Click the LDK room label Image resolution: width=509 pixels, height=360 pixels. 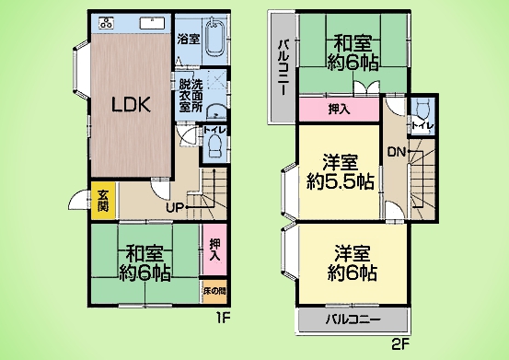click(131, 105)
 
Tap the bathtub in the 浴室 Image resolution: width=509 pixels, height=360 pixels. click(216, 38)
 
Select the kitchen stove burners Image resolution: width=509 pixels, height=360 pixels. click(106, 23)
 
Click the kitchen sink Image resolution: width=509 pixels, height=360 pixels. click(152, 23)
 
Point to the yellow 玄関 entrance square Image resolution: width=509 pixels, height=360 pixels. click(103, 201)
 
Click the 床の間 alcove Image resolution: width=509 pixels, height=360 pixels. click(214, 291)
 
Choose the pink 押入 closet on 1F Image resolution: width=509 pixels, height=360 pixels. click(214, 250)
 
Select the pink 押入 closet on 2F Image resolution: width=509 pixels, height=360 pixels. click(339, 110)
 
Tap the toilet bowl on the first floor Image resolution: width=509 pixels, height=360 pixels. click(214, 145)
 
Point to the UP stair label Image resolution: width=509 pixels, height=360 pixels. click(175, 207)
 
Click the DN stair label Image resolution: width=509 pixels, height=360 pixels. click(397, 152)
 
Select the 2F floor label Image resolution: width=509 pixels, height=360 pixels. click(399, 344)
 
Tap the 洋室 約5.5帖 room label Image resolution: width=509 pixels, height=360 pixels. click(341, 172)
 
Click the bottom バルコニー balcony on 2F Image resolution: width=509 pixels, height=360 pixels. click(353, 320)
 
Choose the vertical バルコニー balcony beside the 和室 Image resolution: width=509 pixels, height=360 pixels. click(282, 67)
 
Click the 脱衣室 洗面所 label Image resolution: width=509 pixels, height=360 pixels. click(191, 96)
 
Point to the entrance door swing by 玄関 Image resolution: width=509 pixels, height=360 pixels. click(78, 199)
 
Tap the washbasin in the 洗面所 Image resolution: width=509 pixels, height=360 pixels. click(215, 111)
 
